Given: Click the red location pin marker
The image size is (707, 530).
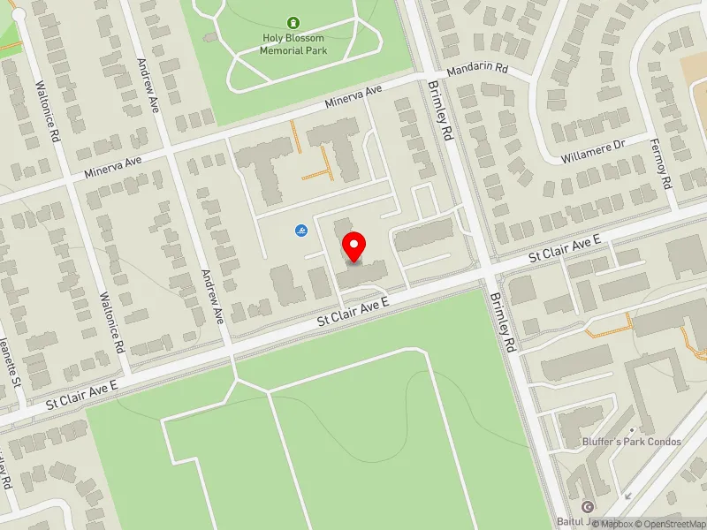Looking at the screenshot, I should [x=353, y=246].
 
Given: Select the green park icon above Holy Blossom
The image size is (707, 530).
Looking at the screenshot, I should [x=293, y=23].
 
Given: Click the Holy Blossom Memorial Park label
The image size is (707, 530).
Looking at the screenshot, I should [x=293, y=43].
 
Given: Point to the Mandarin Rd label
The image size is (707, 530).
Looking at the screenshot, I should [x=478, y=68].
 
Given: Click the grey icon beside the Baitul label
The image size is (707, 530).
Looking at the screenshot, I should [x=588, y=506].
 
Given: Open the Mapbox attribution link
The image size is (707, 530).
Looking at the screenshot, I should [x=618, y=524].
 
